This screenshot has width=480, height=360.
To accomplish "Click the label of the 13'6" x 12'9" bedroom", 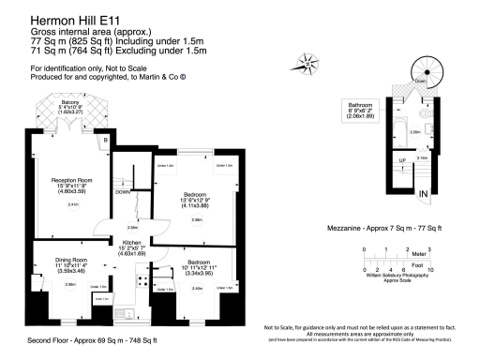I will [198, 198].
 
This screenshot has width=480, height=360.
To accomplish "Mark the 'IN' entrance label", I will [425, 193].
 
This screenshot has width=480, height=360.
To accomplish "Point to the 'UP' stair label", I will [403, 160].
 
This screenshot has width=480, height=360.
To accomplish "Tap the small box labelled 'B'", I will [107, 141].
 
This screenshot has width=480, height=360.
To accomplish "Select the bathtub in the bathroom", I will [393, 129].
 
